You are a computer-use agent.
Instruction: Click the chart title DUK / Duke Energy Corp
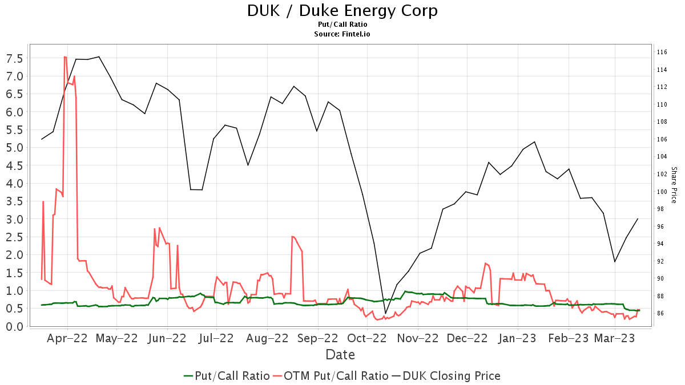pos(342,11)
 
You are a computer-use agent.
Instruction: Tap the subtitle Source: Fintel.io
pos(342,34)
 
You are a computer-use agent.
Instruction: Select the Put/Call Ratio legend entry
pos(227,376)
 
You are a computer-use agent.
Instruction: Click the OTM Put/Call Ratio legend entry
pos(331,376)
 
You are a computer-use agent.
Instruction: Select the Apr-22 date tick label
pos(67,338)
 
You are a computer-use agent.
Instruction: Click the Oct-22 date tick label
pos(367,338)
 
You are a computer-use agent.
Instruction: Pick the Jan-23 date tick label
pos(518,338)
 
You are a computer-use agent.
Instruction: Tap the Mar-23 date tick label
pos(615,338)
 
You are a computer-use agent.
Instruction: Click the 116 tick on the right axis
pos(662,52)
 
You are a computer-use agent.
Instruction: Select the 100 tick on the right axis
pos(662,192)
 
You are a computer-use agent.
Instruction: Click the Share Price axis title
pos(674,185)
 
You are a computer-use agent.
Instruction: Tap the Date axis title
pos(340,355)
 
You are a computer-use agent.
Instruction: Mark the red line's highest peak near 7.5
pos(65,56)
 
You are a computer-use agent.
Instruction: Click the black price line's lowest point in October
pos(385,313)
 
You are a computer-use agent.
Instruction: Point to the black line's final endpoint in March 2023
pos(638,219)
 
